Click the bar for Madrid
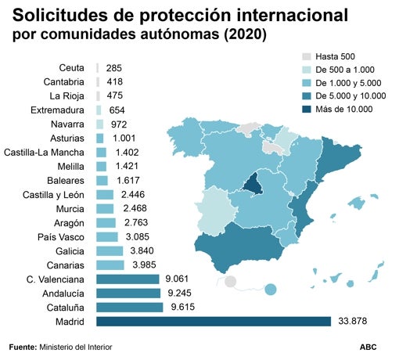click(x=213, y=322)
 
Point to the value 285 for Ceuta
click(x=114, y=68)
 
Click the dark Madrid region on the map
click(x=252, y=183)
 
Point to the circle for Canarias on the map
click(x=271, y=290)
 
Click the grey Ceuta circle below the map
click(x=230, y=282)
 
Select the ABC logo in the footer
click(x=368, y=346)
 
